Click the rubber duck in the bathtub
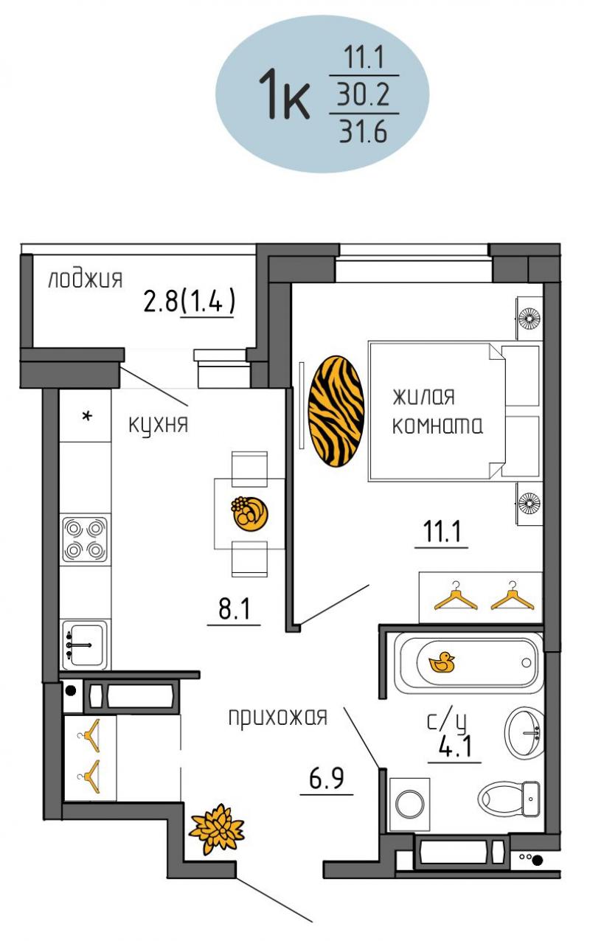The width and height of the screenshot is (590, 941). click(x=442, y=662)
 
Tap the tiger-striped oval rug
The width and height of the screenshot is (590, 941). click(x=336, y=411)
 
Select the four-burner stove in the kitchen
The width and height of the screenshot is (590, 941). click(x=85, y=540)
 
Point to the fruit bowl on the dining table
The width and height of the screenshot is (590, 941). click(x=249, y=513)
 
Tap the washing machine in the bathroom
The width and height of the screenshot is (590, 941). click(x=410, y=804)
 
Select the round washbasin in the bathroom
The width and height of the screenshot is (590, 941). click(x=524, y=733)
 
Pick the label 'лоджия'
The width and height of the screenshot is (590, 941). click(x=86, y=279)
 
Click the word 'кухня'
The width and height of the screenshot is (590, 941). click(x=158, y=425)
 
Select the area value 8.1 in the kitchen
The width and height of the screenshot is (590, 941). click(x=234, y=608)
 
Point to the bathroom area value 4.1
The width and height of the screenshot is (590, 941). click(x=455, y=746)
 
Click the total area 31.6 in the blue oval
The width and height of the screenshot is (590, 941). click(x=364, y=132)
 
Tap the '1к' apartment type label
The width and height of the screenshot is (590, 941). click(x=284, y=94)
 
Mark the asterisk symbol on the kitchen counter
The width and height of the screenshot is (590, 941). click(x=87, y=417)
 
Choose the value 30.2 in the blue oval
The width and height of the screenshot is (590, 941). click(x=364, y=94)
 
